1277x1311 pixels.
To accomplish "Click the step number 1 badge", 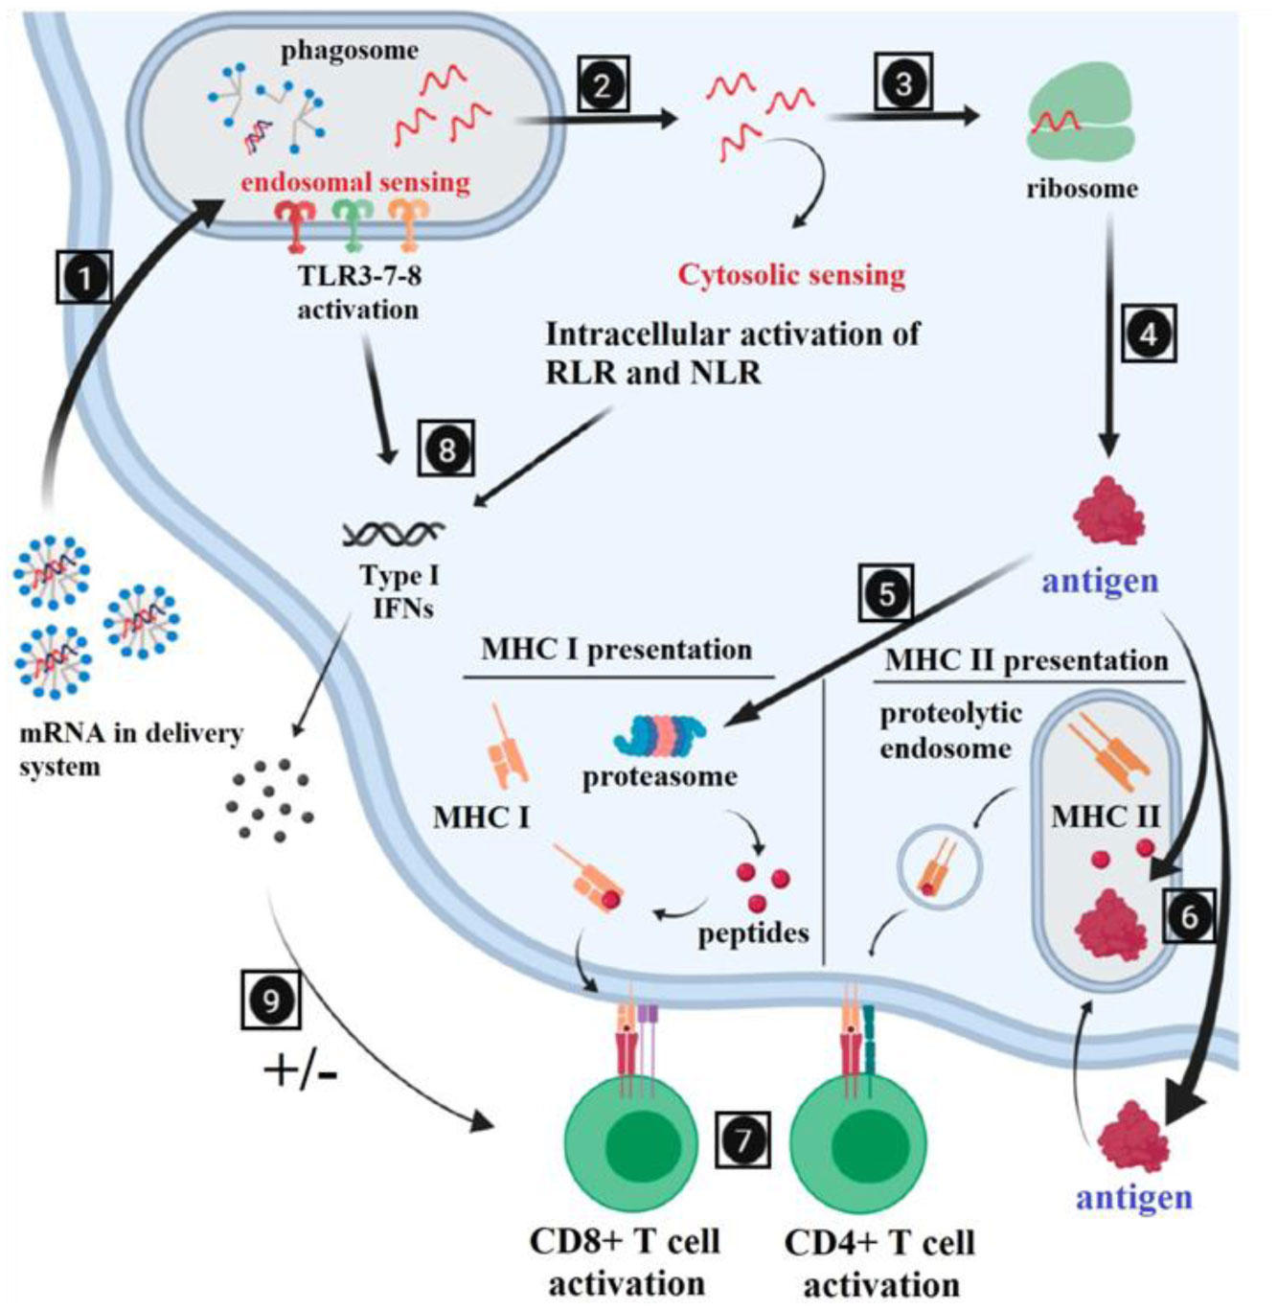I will (x=85, y=279).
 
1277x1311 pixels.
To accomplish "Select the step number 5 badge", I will (x=886, y=593).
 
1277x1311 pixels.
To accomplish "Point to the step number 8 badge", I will (x=445, y=448).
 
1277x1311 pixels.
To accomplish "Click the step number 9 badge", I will (x=271, y=1000).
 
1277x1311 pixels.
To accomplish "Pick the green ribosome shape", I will (x=1081, y=121).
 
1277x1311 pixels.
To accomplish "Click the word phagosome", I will (x=350, y=51).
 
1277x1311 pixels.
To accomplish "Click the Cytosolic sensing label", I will (x=791, y=275).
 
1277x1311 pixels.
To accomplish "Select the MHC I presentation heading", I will (x=616, y=650).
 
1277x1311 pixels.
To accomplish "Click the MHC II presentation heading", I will (x=1026, y=660).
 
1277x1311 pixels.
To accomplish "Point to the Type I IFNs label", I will (x=399, y=591).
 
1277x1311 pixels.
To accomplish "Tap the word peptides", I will (x=753, y=932).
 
